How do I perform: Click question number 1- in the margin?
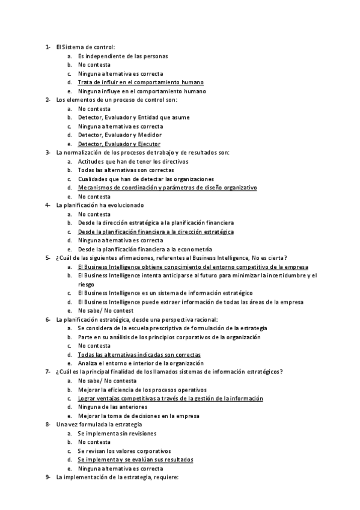point(47,47)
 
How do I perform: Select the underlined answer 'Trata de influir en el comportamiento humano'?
point(141,82)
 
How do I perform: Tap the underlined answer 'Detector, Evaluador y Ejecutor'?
point(119,144)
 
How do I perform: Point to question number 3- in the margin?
point(47,153)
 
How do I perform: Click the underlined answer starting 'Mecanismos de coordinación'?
point(167,188)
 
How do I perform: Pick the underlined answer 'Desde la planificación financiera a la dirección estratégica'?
point(156,232)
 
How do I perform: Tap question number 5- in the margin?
point(47,258)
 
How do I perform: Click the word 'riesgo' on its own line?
point(87,284)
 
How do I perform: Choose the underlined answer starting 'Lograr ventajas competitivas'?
point(170,399)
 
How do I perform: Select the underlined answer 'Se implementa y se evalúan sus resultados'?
point(135,460)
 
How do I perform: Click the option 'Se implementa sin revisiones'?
point(117,434)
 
